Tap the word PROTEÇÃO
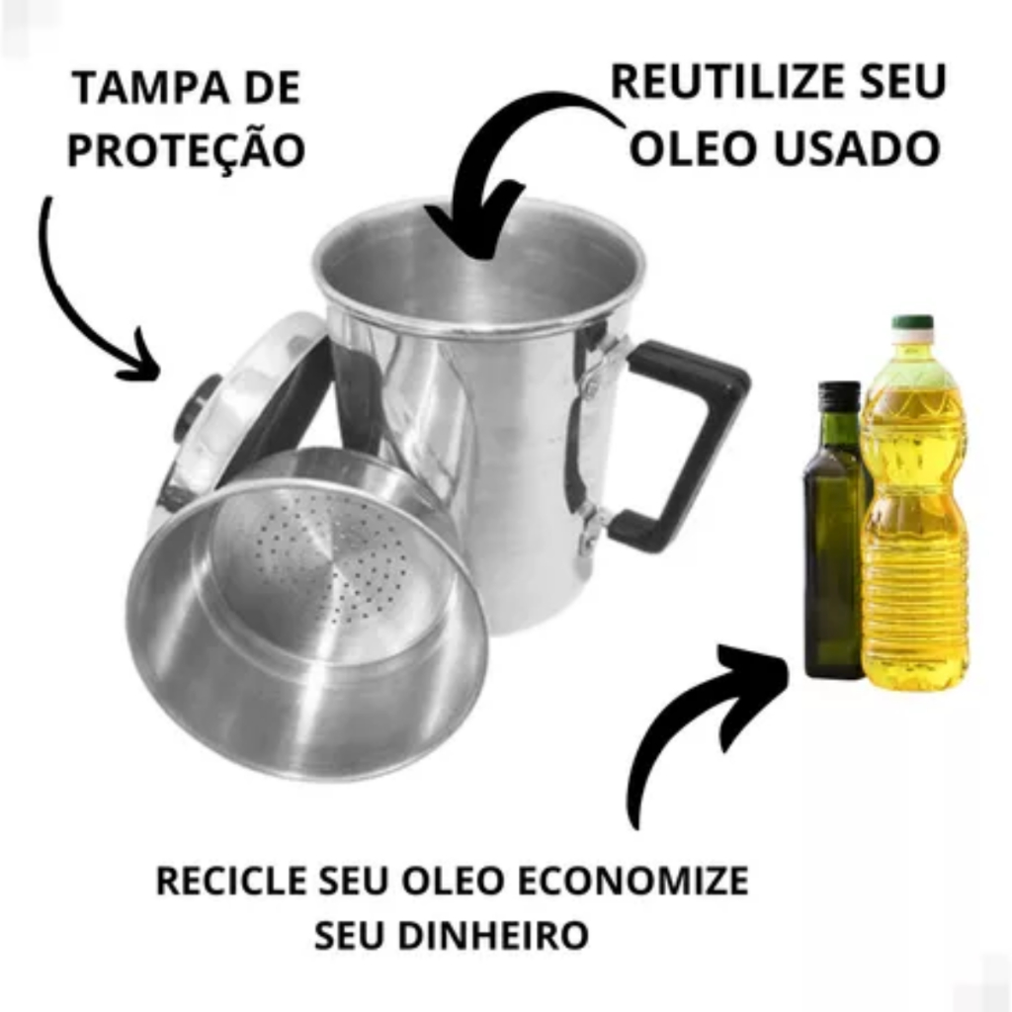pos(186,149)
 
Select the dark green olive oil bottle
pos(833,553)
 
